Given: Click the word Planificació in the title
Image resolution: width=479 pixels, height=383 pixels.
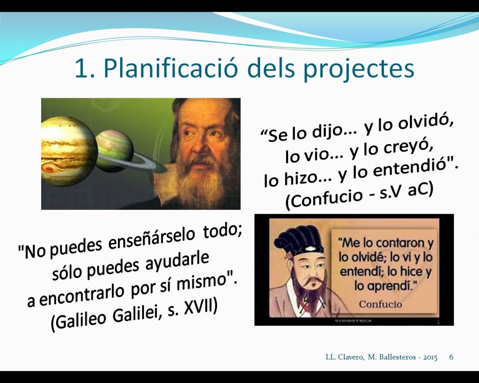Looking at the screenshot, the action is coord(170,68).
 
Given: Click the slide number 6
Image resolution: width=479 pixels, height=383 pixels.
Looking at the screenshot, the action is coord(451,357).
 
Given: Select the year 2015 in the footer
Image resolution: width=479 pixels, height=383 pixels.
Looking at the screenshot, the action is coord(430,357).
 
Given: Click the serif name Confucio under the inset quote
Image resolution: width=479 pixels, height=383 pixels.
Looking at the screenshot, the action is coord(380,304).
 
